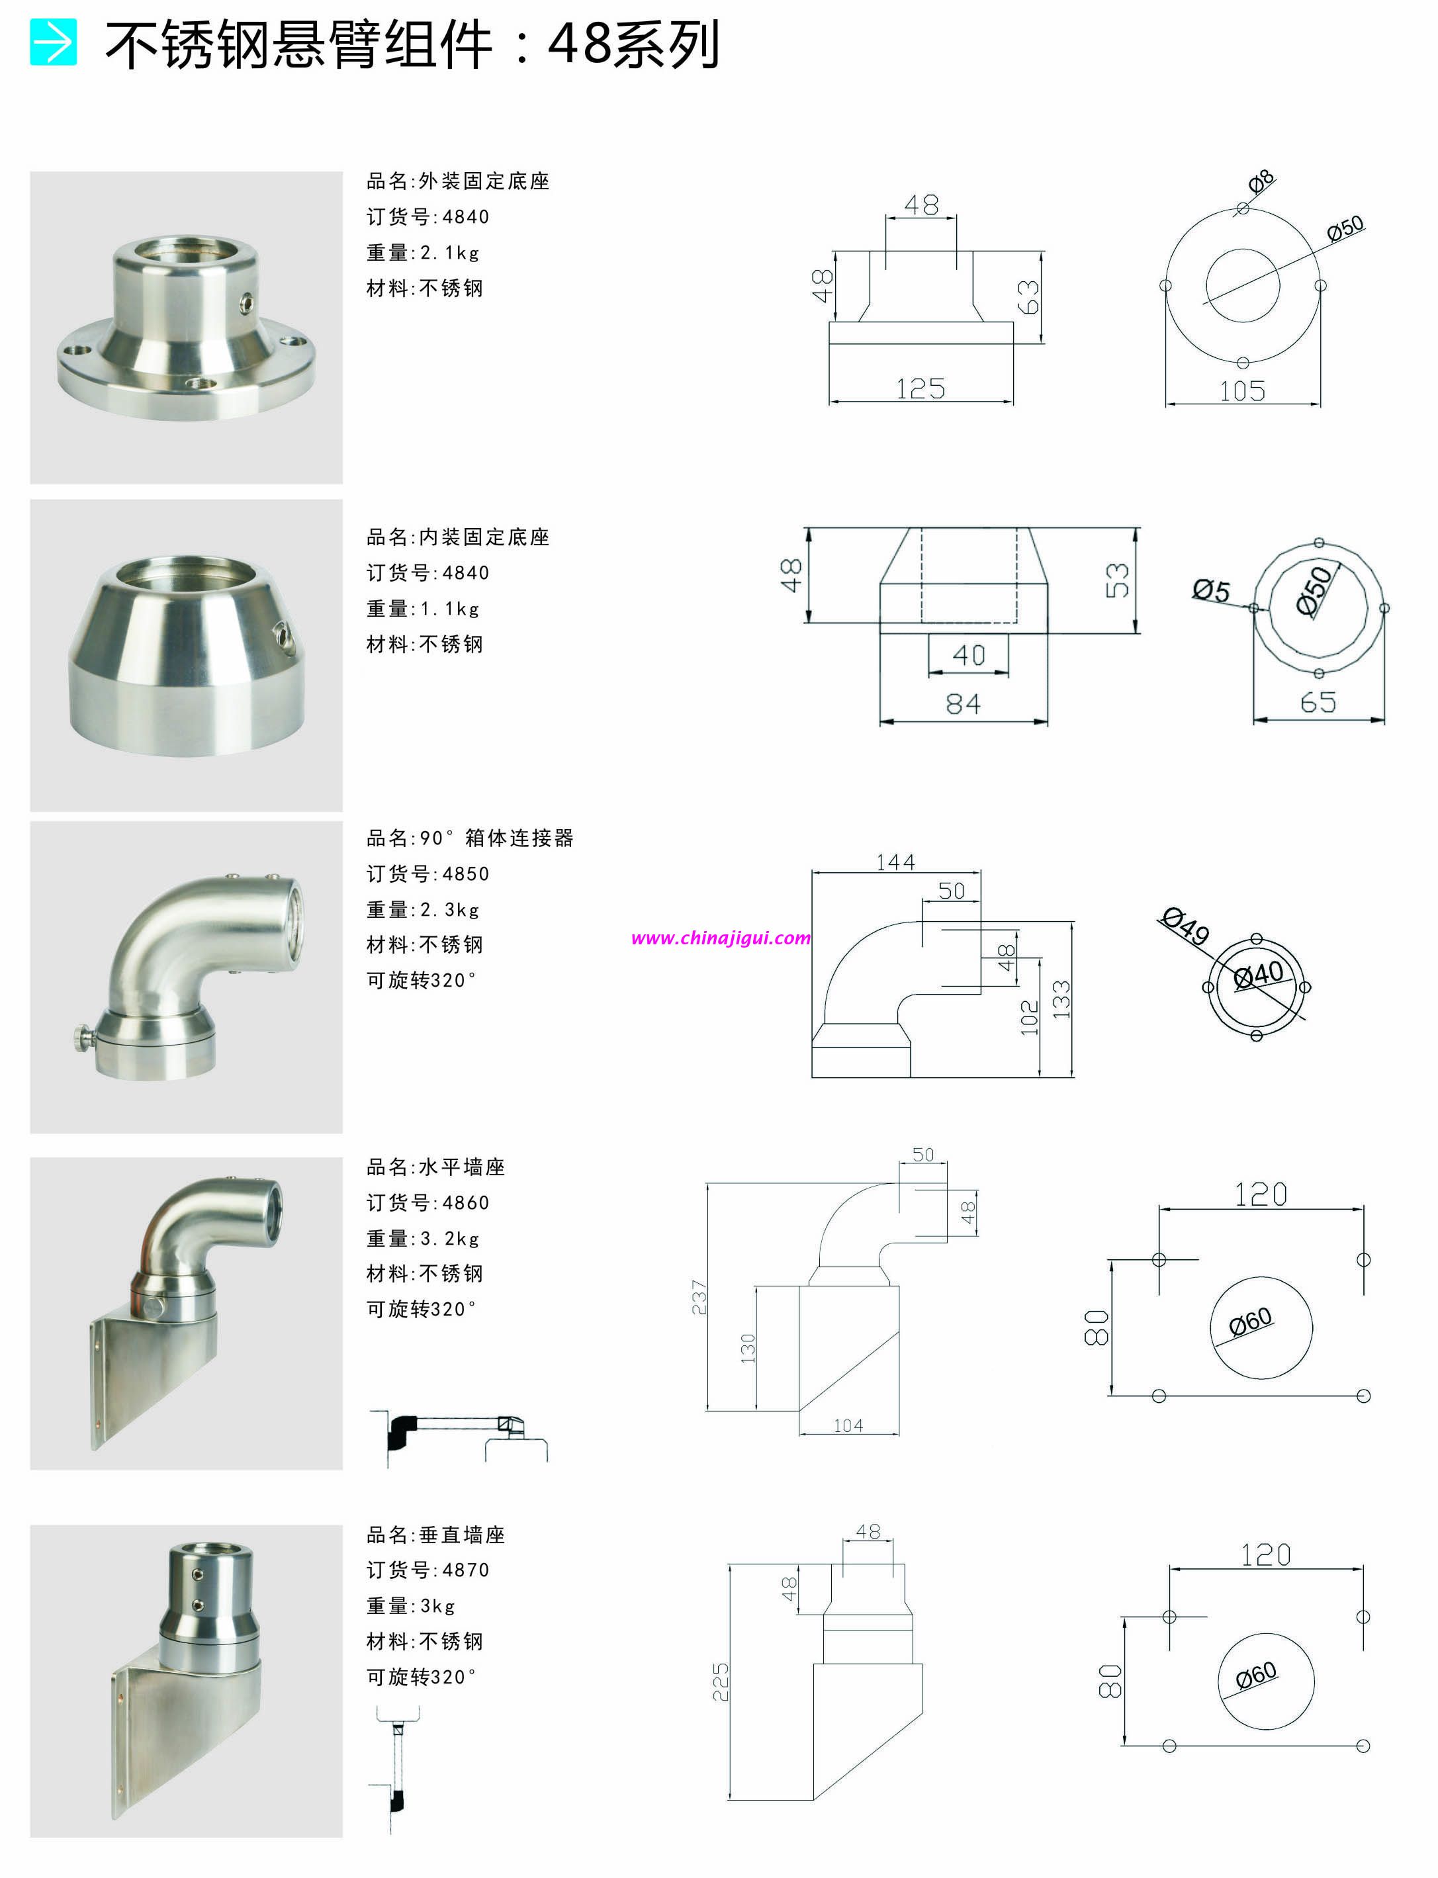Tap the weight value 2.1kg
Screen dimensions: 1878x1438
449,253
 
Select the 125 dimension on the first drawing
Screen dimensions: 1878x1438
920,390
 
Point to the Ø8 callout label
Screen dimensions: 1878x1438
1260,181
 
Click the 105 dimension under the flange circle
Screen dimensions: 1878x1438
1242,392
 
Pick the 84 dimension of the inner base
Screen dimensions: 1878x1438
963,705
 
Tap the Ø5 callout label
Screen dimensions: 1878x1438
1211,591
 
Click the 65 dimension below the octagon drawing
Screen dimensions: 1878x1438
1318,703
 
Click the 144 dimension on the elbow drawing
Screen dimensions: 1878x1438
895,862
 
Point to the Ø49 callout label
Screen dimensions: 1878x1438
1185,926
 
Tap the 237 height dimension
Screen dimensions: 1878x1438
699,1297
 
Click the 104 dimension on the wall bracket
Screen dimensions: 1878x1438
848,1425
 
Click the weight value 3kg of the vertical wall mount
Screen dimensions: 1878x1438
437,1606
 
